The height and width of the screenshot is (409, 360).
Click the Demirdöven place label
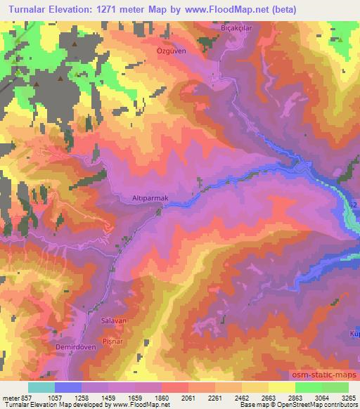pos(75,347)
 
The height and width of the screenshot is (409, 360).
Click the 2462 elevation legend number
pos(232,397)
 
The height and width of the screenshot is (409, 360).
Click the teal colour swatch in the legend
pos(41,387)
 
